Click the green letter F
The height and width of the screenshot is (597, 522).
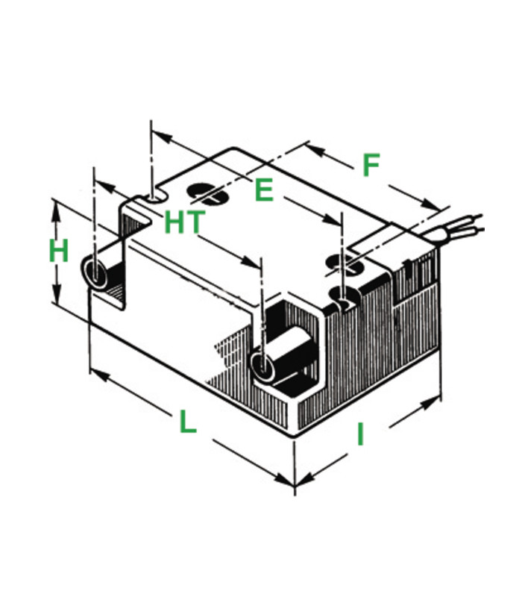click(x=371, y=165)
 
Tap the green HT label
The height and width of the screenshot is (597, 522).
click(x=184, y=222)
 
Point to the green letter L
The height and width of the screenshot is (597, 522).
click(x=187, y=421)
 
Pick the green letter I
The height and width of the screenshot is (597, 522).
click(x=360, y=435)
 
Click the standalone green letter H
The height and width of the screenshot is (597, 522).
click(x=59, y=251)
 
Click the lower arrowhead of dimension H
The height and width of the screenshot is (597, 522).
click(x=56, y=294)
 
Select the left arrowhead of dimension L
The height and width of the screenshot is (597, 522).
click(x=100, y=375)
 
